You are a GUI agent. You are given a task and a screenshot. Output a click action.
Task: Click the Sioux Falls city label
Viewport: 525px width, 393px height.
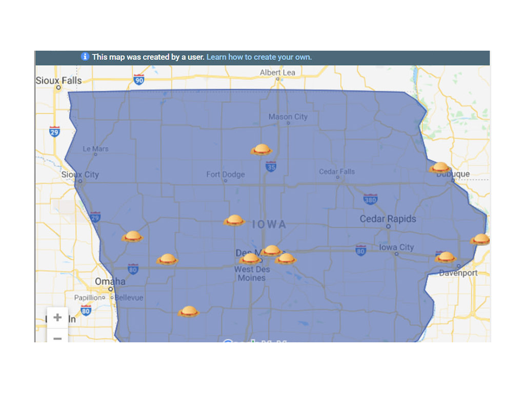click(58, 81)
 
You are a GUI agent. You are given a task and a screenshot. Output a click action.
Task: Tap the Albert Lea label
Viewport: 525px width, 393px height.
click(277, 73)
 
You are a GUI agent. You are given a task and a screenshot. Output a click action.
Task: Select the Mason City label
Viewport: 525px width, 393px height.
click(288, 117)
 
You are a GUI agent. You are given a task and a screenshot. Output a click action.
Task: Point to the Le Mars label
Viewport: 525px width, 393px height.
click(96, 149)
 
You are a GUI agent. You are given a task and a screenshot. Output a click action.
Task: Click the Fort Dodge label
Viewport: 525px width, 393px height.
click(226, 174)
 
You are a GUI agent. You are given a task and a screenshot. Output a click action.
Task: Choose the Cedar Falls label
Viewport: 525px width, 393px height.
click(337, 171)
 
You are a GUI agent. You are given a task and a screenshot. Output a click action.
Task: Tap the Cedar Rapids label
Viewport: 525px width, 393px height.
click(388, 219)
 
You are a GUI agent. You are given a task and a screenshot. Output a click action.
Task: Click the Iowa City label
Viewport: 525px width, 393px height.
click(396, 248)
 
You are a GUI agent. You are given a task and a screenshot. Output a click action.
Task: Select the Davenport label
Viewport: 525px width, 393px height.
click(458, 273)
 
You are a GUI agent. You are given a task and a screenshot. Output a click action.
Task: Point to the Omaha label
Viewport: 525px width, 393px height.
click(110, 281)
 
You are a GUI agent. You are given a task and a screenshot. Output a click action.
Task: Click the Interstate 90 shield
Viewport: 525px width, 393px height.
click(139, 79)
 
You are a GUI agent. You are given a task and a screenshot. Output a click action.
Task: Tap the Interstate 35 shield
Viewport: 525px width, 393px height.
click(271, 166)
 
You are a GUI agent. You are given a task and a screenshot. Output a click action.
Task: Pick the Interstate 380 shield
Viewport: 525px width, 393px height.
click(370, 199)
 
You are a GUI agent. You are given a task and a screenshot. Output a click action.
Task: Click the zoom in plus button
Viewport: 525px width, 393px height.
click(57, 317)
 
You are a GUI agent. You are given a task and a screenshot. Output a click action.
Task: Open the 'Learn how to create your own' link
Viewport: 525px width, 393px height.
click(259, 57)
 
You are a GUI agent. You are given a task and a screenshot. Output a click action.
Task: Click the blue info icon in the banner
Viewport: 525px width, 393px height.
click(85, 57)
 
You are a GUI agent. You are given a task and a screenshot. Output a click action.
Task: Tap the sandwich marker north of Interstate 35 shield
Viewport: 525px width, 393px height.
click(261, 149)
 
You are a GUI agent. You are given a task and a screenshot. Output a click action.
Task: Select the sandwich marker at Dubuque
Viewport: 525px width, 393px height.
click(440, 167)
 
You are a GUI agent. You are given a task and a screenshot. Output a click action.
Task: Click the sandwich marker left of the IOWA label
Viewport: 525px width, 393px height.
click(234, 221)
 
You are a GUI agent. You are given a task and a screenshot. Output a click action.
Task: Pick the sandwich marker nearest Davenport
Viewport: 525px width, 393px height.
click(445, 257)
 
